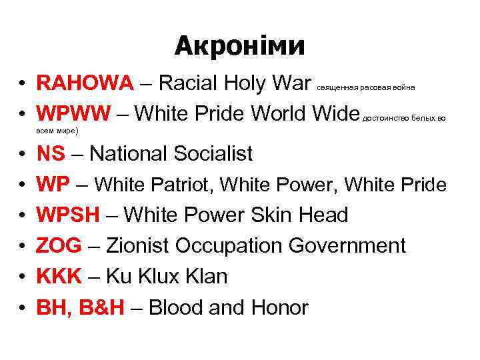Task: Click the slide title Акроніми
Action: click(x=240, y=45)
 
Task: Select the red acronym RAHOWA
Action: click(x=86, y=83)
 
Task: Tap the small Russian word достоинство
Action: click(x=383, y=117)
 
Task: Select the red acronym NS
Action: click(x=51, y=154)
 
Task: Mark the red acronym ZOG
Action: click(x=58, y=246)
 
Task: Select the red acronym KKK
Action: click(x=58, y=277)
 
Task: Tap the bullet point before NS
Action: click(x=23, y=155)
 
